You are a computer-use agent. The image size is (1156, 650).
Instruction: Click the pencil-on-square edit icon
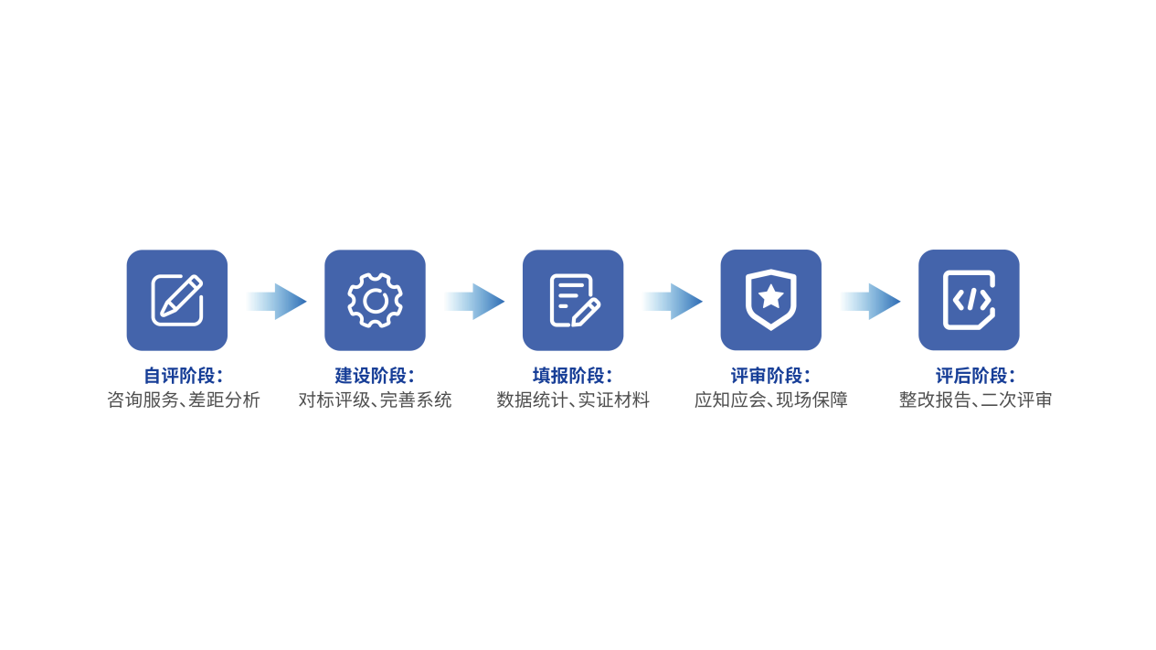coord(177,300)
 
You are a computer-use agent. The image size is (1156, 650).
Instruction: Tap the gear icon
coord(376,300)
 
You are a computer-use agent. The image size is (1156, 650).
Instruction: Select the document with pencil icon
coord(573,300)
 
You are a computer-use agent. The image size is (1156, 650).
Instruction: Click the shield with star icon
coord(771,300)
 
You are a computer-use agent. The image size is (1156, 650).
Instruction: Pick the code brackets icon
coord(969,300)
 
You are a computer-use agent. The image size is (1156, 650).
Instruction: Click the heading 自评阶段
coord(179,376)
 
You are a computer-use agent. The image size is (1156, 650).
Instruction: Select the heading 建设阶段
coord(370,376)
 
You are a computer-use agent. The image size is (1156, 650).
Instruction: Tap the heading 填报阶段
coord(568,376)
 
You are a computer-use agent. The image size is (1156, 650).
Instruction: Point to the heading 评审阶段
coord(767,376)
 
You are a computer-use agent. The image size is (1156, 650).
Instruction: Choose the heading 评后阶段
coord(971,376)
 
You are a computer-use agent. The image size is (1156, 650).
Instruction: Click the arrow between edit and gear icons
coord(277,302)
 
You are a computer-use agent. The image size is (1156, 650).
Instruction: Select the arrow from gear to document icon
coord(475,302)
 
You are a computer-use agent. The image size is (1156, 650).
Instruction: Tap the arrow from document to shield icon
coord(673,302)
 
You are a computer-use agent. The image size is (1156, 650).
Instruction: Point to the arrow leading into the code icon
coord(871,302)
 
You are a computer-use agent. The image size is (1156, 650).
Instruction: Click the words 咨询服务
coord(143,400)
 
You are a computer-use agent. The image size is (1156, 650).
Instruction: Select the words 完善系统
coord(416,400)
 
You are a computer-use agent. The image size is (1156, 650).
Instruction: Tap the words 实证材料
coord(613,400)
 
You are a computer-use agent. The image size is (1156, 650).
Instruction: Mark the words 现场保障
coord(811,400)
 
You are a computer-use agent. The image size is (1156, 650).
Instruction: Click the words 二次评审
coord(1016,400)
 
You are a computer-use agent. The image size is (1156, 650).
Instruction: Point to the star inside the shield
coord(771,296)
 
